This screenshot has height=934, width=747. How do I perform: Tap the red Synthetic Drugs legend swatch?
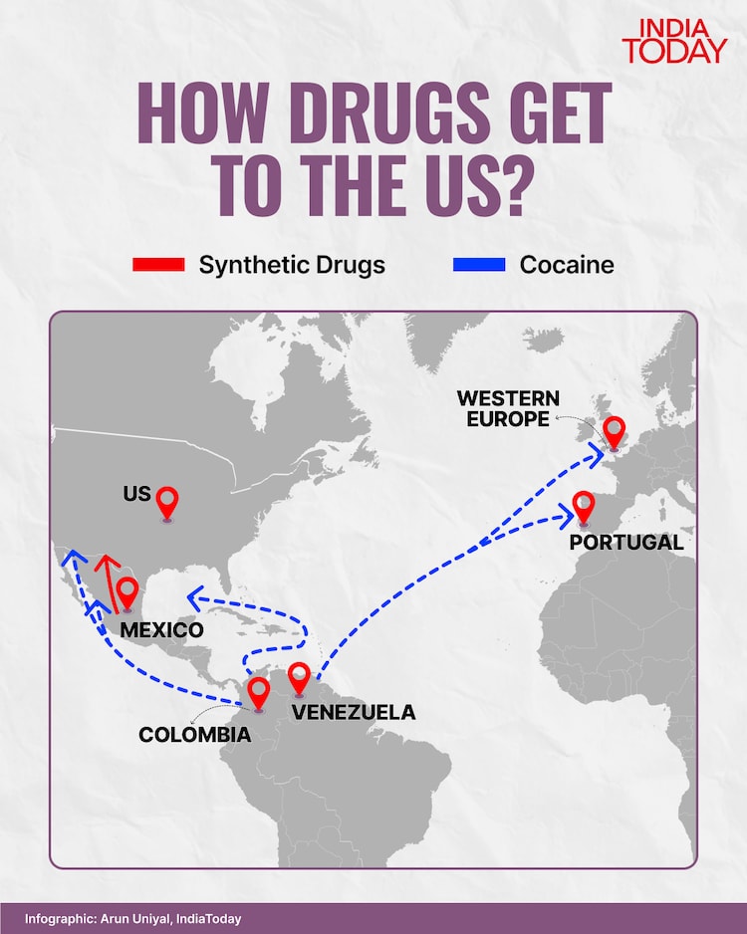158,265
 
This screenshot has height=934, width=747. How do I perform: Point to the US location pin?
168,501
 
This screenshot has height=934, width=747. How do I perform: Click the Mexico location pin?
126,592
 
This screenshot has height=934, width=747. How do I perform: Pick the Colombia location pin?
259,691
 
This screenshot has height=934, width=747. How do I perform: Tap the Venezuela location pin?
299,678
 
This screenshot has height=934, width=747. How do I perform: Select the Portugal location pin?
583,507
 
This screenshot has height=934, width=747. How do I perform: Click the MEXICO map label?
161,630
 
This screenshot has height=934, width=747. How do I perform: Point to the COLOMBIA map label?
194,736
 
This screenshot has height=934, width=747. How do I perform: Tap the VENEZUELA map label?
353,713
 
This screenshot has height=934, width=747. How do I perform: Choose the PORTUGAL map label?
626,543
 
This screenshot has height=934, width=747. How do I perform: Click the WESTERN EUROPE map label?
508,408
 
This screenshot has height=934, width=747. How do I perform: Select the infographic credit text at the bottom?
133,919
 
